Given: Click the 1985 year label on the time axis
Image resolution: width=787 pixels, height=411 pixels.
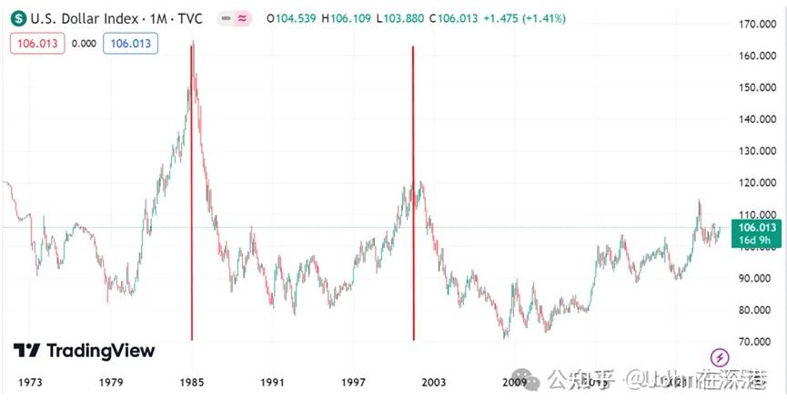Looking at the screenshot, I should [192, 382].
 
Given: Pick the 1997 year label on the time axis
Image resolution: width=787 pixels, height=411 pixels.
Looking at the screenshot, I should [353, 382].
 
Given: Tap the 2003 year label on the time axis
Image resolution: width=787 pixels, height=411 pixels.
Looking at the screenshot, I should [434, 382].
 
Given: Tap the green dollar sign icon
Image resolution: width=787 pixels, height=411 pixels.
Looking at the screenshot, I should [18, 18].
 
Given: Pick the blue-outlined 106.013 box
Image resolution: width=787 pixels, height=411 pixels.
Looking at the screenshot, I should [130, 44].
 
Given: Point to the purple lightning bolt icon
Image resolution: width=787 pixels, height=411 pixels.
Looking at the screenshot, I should [719, 357].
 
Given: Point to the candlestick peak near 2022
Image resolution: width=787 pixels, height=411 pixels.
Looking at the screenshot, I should [699, 201].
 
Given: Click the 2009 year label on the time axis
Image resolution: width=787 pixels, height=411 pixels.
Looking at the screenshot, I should [515, 382].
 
